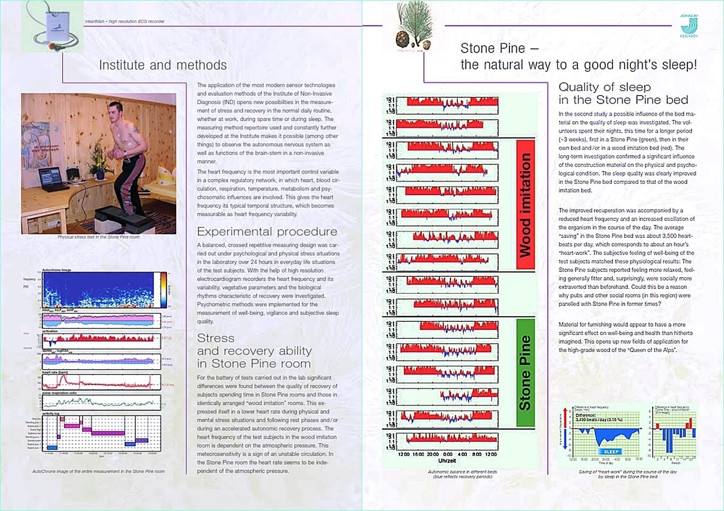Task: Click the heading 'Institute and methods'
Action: point(163,65)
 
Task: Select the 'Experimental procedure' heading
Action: point(267,232)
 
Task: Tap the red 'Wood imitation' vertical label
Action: point(525,205)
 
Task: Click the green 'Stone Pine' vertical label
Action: point(525,372)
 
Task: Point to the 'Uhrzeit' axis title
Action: point(447,461)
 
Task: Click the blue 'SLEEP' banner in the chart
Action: point(611,452)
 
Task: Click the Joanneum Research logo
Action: point(689,25)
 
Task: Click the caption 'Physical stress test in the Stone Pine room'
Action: point(99,237)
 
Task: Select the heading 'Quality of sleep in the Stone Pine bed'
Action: point(623,93)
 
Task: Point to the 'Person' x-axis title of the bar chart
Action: point(676,463)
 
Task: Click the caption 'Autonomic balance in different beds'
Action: point(462,472)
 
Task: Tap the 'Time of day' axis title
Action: point(606,463)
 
